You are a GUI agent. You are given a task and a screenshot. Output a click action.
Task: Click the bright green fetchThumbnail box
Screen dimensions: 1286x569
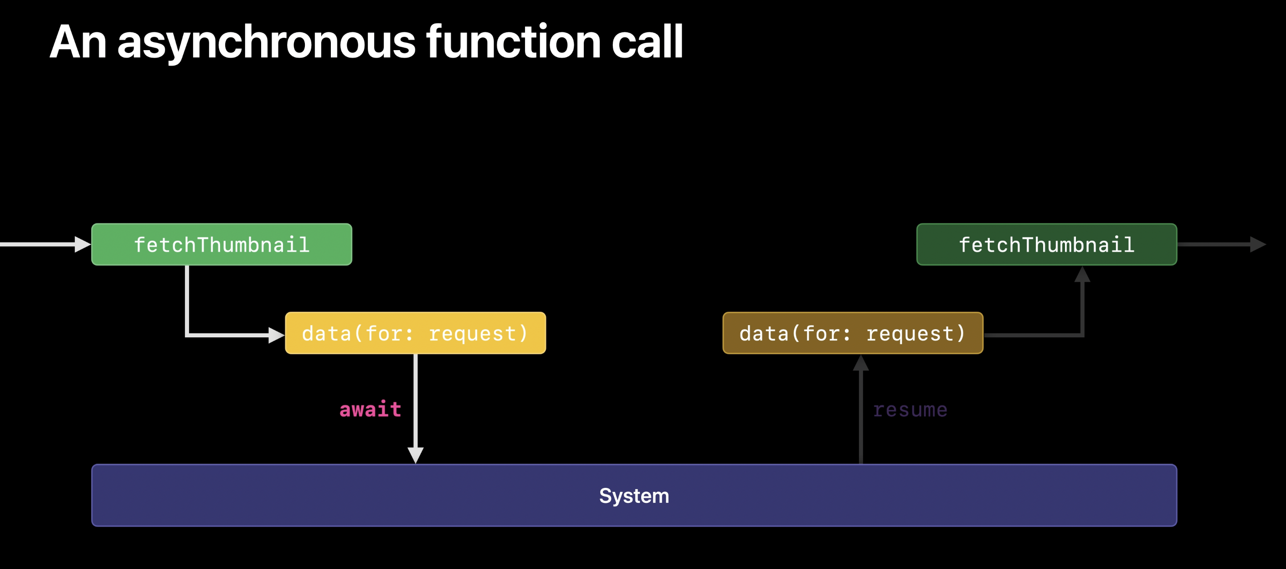point(221,244)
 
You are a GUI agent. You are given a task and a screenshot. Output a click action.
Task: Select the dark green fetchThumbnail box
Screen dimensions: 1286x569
point(1047,244)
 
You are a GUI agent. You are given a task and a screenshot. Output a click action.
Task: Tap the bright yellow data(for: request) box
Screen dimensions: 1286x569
point(415,333)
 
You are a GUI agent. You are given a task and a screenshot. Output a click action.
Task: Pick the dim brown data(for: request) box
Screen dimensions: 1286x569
point(853,333)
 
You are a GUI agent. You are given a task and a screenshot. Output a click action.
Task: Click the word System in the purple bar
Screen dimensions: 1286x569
point(634,496)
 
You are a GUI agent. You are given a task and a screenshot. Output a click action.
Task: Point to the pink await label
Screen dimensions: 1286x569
point(370,409)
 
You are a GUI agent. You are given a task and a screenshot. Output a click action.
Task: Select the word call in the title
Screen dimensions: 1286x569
point(647,41)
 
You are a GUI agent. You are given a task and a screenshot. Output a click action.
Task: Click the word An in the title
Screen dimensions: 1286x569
point(78,42)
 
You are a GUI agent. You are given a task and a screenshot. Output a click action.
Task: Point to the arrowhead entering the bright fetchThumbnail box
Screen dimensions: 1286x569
point(83,244)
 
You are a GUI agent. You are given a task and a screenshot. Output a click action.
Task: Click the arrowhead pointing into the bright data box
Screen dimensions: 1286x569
point(277,335)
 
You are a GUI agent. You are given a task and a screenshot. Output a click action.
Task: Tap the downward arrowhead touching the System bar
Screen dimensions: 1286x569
point(415,455)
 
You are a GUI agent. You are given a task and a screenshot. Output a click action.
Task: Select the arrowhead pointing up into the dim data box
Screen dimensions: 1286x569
point(861,362)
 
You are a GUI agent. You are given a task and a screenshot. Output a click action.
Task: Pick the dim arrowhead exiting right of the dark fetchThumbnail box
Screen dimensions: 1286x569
point(1258,244)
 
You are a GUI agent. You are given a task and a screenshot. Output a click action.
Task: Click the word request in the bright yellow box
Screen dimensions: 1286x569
point(478,334)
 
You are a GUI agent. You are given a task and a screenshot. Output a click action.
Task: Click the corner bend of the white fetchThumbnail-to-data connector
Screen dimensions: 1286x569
point(187,335)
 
